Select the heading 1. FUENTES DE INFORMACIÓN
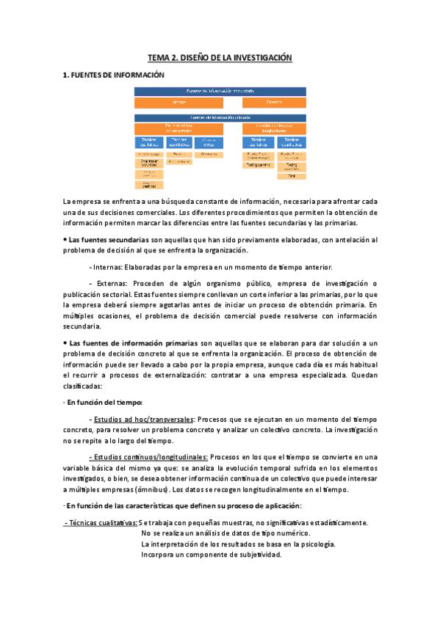pyautogui.click(x=113, y=75)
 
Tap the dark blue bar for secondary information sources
pyautogui.click(x=220, y=90)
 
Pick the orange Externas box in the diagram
pyautogui.click(x=275, y=102)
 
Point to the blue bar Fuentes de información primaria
pyautogui.click(x=220, y=117)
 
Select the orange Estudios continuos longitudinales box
pyautogui.click(x=275, y=128)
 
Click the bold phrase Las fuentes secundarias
pyautogui.click(x=104, y=240)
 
